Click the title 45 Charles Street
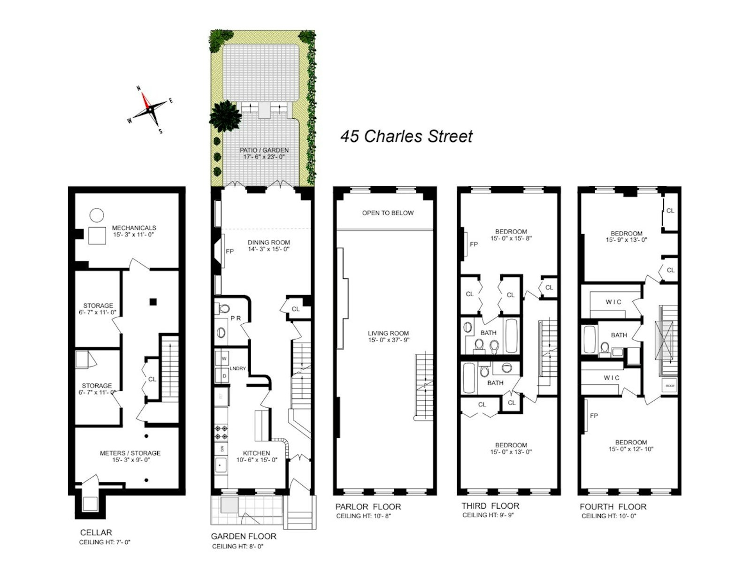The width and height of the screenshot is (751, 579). (406, 136)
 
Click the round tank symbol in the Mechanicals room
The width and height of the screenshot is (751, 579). (97, 215)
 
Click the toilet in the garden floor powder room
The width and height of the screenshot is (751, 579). (224, 309)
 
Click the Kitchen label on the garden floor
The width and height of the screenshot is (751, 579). (257, 453)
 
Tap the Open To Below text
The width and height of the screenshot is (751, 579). (388, 213)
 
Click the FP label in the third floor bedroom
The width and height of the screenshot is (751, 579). (474, 244)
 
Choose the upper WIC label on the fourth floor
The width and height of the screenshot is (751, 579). (613, 302)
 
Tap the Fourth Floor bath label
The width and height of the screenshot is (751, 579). (619, 335)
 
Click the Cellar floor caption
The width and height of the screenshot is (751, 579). (96, 532)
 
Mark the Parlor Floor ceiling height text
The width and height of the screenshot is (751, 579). (363, 516)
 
